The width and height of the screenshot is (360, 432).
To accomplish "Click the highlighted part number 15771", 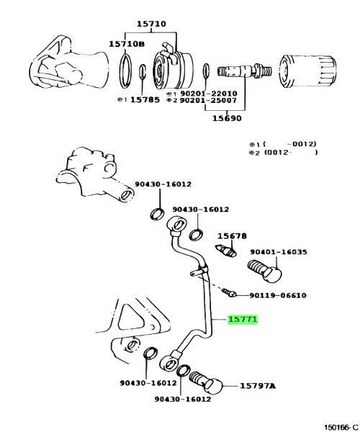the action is coord(243,319).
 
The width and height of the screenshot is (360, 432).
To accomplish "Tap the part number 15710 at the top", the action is coord(152,24).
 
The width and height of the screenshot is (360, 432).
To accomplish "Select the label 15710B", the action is coord(127,44).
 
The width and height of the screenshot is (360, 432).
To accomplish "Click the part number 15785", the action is coord(145,99).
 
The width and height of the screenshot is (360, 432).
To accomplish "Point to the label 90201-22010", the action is coord(208,94).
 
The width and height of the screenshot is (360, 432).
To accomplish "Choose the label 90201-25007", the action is coord(208,100).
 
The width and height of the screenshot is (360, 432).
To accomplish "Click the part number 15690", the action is coord(227,118).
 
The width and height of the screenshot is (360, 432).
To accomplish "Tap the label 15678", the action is coord(232,236).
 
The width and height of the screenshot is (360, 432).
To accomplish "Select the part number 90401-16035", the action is coord(279,252).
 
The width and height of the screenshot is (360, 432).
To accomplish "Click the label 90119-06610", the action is coord(278,295).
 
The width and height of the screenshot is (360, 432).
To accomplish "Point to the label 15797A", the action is coord(258,386).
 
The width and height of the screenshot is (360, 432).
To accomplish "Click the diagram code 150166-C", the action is coord(341,427).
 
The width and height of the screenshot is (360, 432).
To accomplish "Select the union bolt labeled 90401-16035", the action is coord(265,271).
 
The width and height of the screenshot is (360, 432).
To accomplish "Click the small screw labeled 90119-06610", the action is coord(229,292).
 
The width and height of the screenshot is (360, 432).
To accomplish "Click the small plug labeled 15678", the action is coord(225,250).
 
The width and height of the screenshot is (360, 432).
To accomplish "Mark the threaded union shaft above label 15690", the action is coord(245,71).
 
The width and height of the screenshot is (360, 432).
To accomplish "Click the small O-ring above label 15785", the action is coord(142,71).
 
